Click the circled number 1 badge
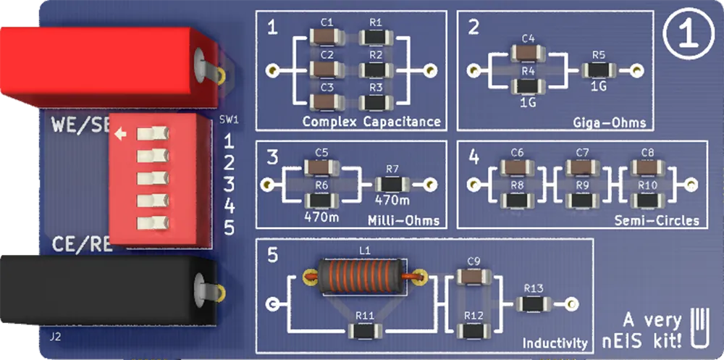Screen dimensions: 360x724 tap(686, 35)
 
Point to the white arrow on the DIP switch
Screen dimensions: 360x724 tap(121, 133)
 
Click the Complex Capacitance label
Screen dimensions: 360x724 tap(371, 121)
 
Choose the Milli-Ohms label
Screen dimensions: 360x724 tap(403, 219)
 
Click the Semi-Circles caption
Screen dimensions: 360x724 tap(657, 220)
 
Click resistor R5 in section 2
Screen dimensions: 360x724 tap(599, 70)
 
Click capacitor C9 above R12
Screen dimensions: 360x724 tap(474, 276)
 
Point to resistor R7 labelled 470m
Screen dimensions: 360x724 tap(392, 185)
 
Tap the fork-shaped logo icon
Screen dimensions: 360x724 tap(698, 325)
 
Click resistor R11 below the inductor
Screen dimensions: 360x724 tap(364, 331)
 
